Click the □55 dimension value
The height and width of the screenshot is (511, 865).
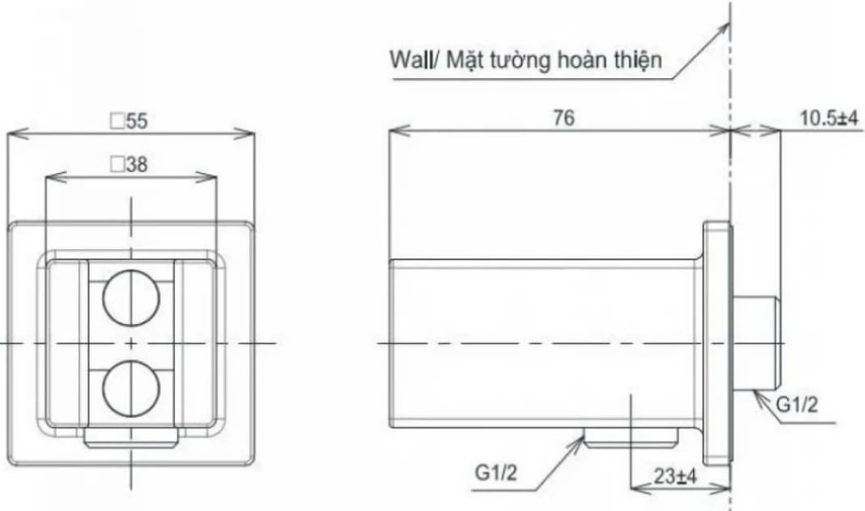pyautogui.click(x=130, y=122)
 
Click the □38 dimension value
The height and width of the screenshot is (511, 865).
pyautogui.click(x=130, y=165)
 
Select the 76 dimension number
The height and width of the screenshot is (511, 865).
pyautogui.click(x=564, y=118)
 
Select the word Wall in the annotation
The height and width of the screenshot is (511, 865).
pyautogui.click(x=408, y=61)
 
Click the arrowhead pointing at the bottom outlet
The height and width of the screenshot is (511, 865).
pyautogui.click(x=585, y=437)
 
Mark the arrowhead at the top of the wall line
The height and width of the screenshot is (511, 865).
pyautogui.click(x=726, y=25)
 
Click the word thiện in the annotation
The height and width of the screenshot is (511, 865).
pyautogui.click(x=639, y=61)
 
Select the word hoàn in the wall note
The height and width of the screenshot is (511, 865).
pyautogui.click(x=583, y=61)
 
